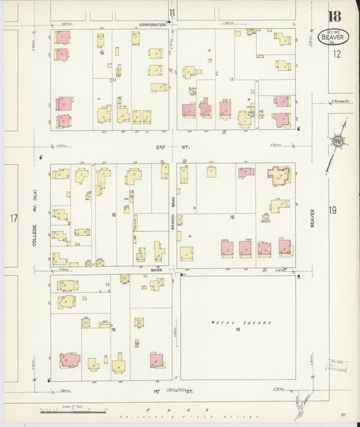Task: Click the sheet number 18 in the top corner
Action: pos(335,16)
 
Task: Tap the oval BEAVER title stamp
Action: pos(332,36)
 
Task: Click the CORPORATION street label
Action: pos(152,24)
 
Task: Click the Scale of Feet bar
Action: pos(72,409)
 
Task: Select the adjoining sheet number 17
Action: pos(13,218)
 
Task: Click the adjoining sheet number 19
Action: pos(332,211)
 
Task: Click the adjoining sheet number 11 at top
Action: pos(172,13)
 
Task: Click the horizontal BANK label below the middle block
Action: pos(156,270)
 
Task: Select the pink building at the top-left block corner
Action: pos(63,38)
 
